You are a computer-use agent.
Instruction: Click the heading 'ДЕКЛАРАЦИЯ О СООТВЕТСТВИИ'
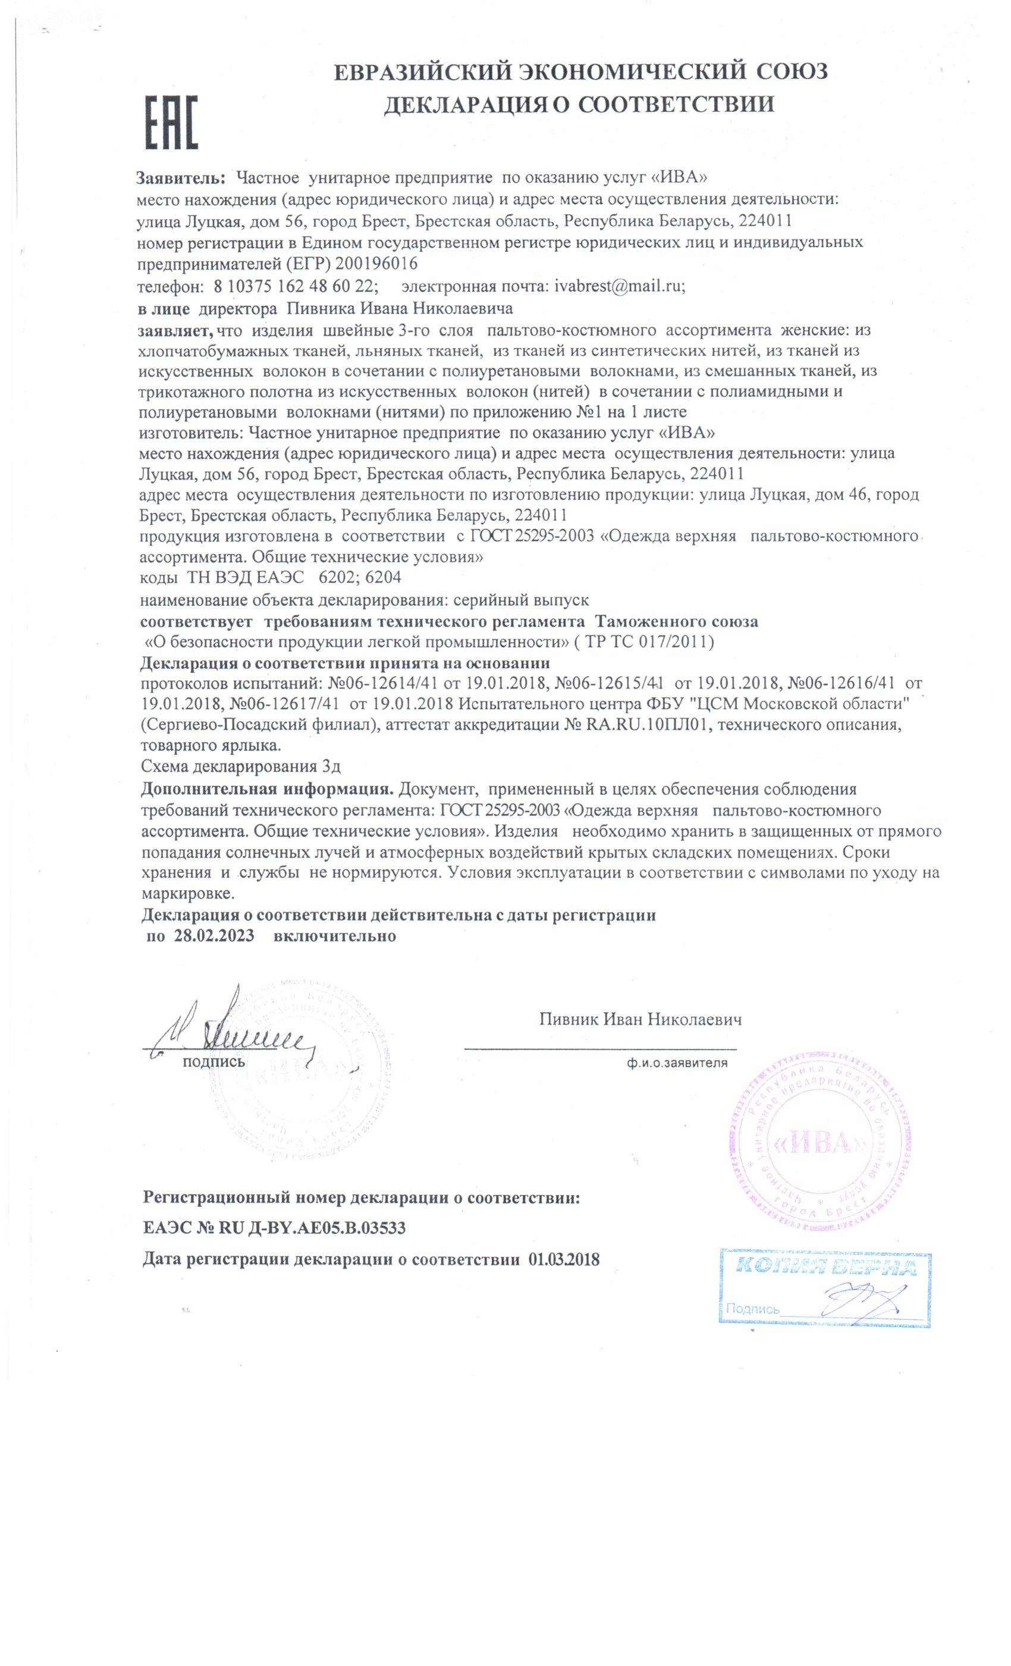579,104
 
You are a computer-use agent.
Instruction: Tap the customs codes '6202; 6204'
359,577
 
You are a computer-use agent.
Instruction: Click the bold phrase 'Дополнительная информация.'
268,788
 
